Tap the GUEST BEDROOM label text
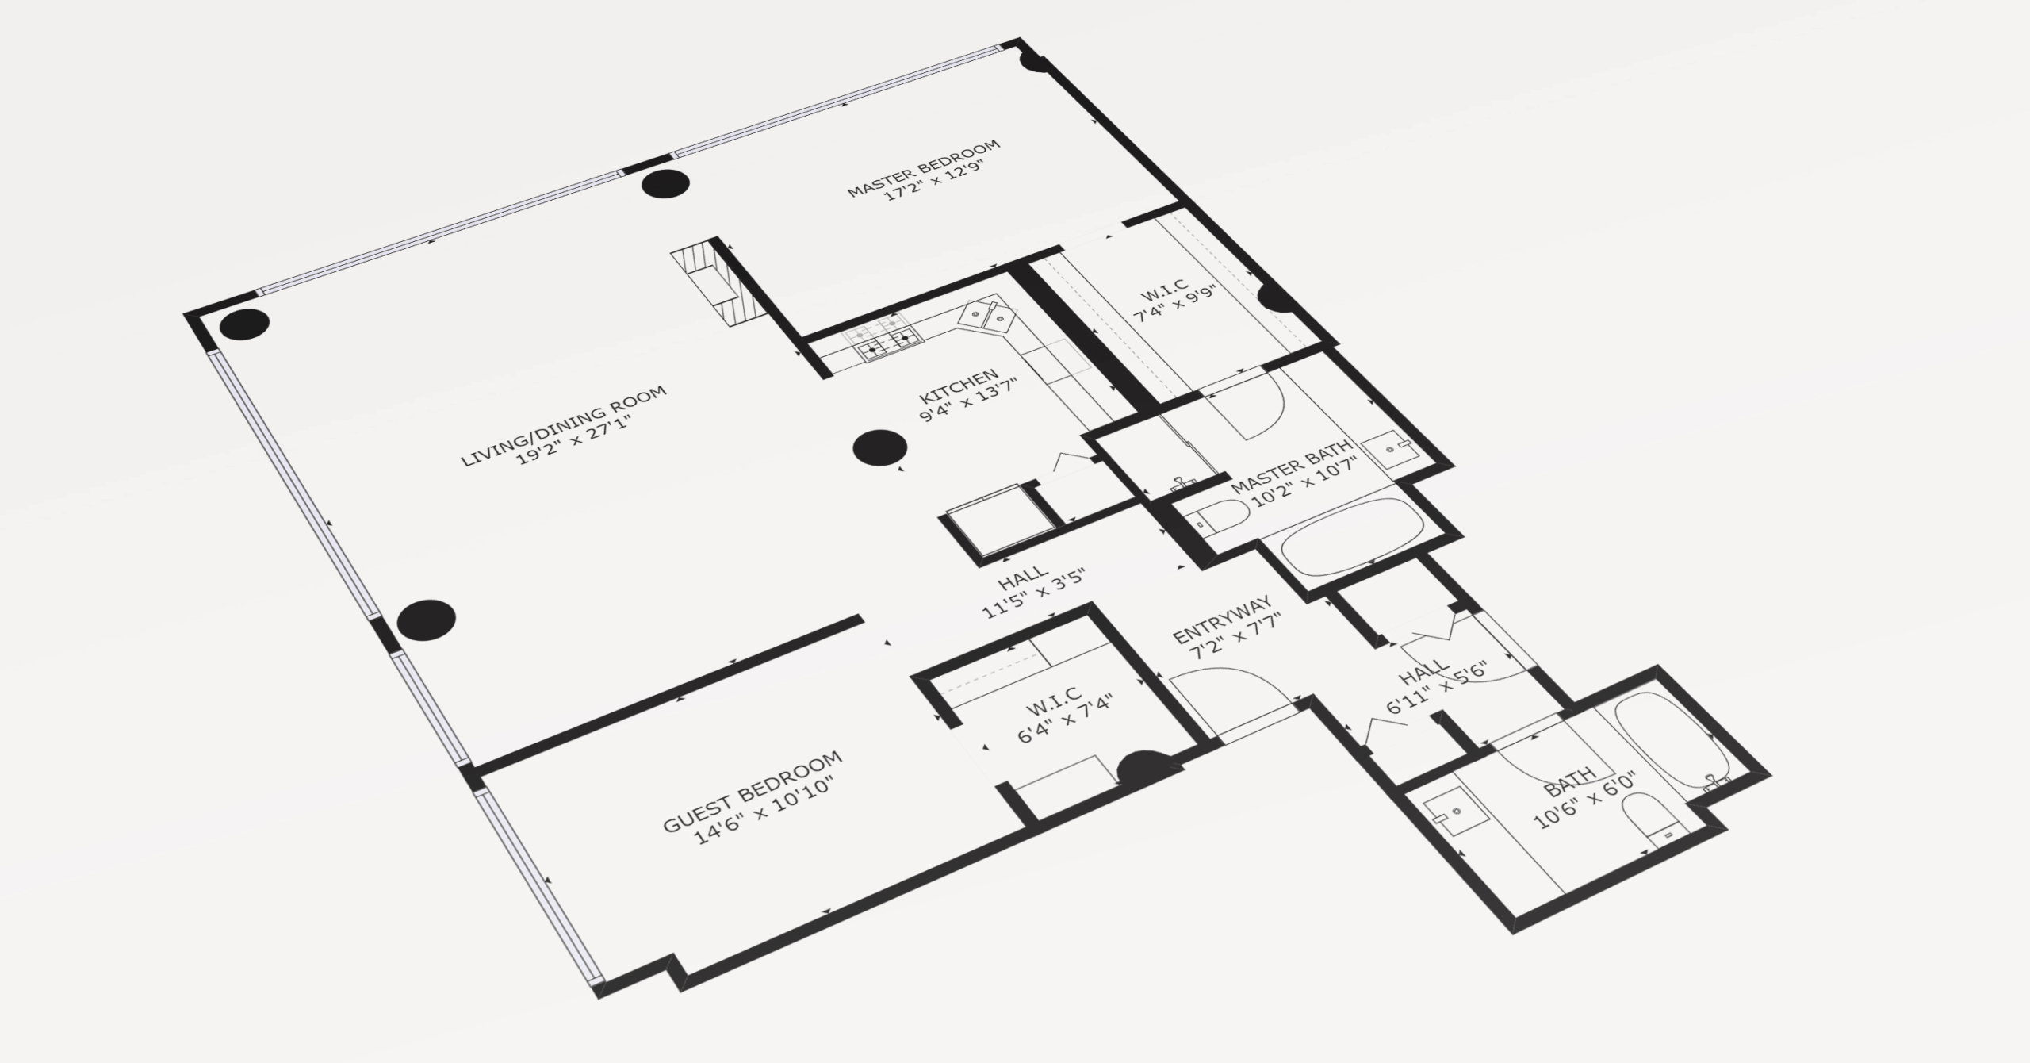(x=752, y=790)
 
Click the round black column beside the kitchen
(x=879, y=448)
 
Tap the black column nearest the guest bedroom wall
(x=427, y=620)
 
